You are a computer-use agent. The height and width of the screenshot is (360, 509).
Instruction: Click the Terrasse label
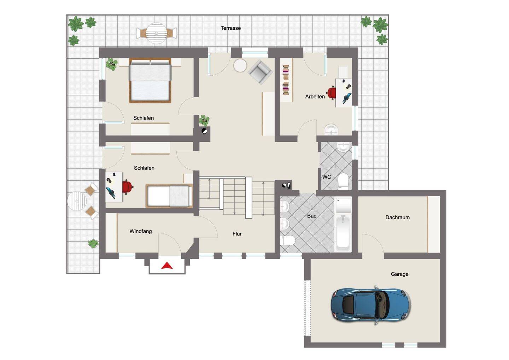click(230, 28)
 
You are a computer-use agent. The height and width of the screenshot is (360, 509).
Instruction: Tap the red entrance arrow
click(167, 266)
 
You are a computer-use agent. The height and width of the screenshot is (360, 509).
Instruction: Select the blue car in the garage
click(371, 305)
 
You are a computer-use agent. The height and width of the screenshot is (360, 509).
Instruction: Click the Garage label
click(399, 274)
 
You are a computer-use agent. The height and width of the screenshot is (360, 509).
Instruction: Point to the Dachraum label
click(397, 217)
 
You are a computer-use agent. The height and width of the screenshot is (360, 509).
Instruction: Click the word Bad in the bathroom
click(312, 216)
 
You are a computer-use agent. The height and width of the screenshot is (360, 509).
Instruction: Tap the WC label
click(327, 177)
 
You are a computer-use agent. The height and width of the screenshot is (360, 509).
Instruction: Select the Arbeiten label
click(315, 97)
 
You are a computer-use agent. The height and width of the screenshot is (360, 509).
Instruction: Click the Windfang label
click(141, 231)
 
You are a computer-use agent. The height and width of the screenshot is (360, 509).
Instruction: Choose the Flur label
click(237, 234)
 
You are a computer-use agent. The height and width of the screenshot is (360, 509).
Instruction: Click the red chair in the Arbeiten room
click(332, 93)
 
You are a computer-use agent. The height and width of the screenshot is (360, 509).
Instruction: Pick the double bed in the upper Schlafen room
click(150, 80)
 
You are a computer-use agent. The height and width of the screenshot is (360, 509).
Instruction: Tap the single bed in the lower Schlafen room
click(169, 196)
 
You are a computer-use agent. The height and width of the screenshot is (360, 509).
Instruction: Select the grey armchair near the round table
click(260, 72)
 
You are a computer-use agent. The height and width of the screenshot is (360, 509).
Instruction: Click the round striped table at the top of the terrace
click(156, 33)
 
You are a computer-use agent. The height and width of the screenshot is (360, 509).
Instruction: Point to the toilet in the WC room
click(343, 181)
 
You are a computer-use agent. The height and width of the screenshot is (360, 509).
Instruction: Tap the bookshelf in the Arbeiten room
click(286, 80)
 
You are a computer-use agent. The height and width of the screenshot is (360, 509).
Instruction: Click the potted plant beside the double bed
click(112, 64)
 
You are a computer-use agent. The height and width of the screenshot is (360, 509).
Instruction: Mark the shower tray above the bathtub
click(343, 205)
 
